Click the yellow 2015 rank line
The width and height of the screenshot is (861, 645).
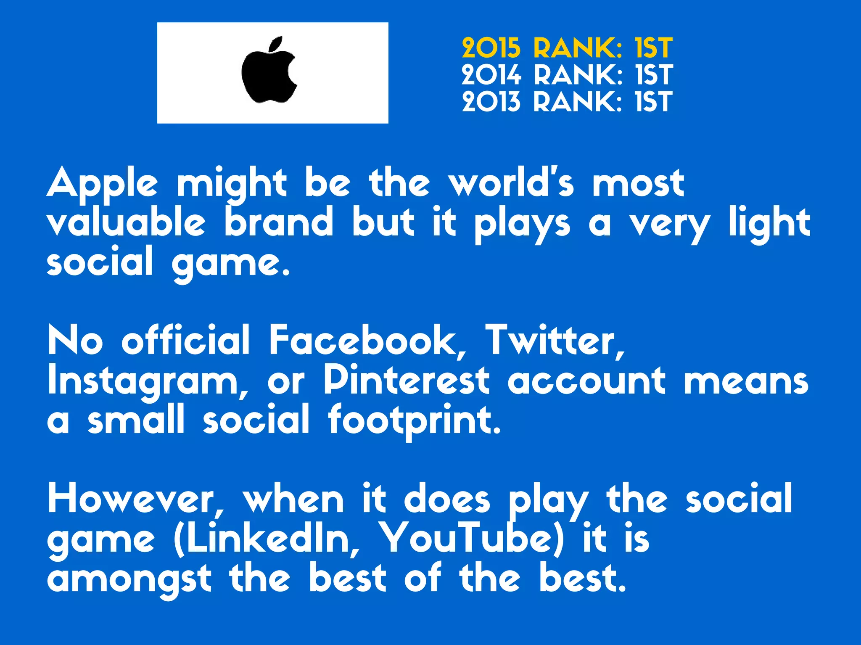(x=567, y=48)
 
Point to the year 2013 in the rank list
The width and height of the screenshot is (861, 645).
(x=491, y=102)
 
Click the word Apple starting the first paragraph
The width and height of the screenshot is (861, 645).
(x=102, y=184)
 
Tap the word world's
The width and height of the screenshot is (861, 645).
(x=511, y=183)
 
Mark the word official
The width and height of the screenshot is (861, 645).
(x=185, y=340)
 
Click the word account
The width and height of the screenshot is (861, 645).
(x=586, y=381)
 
